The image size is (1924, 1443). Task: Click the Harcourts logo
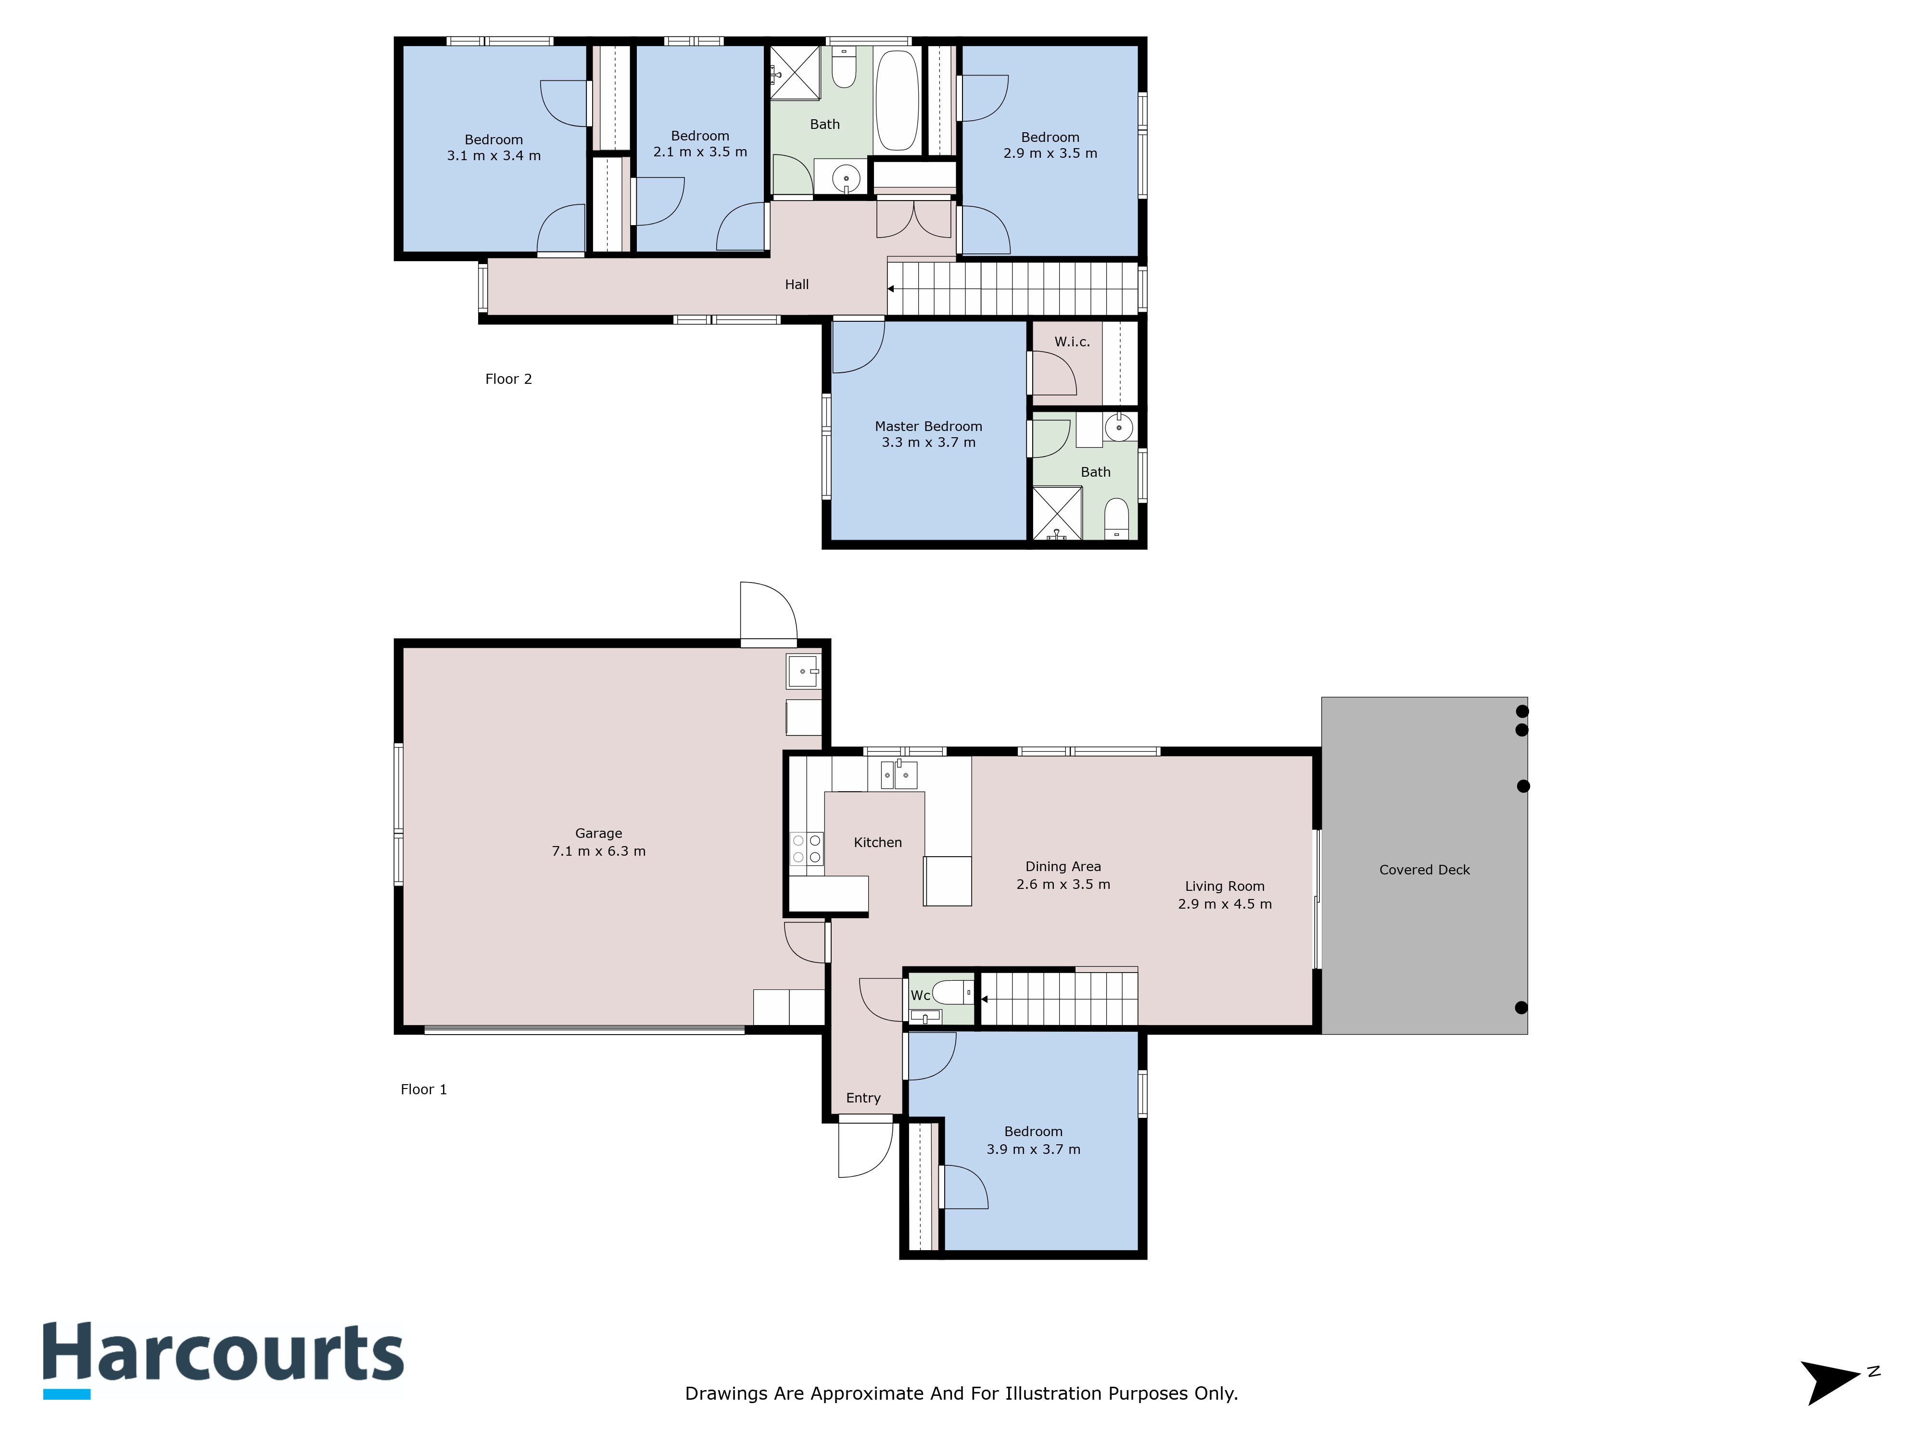click(224, 1359)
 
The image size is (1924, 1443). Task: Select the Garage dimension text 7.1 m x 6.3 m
click(598, 851)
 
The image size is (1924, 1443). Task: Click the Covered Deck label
click(1424, 870)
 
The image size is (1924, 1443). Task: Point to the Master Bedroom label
click(928, 426)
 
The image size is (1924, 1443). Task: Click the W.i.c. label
click(1072, 342)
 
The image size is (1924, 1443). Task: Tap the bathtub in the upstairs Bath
click(897, 100)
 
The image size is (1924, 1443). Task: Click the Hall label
click(797, 284)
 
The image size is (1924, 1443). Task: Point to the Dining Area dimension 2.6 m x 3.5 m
click(1063, 885)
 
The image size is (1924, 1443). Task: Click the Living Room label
click(1225, 886)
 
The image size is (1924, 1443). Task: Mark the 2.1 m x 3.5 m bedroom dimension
click(700, 152)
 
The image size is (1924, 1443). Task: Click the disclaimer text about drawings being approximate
click(961, 1393)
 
